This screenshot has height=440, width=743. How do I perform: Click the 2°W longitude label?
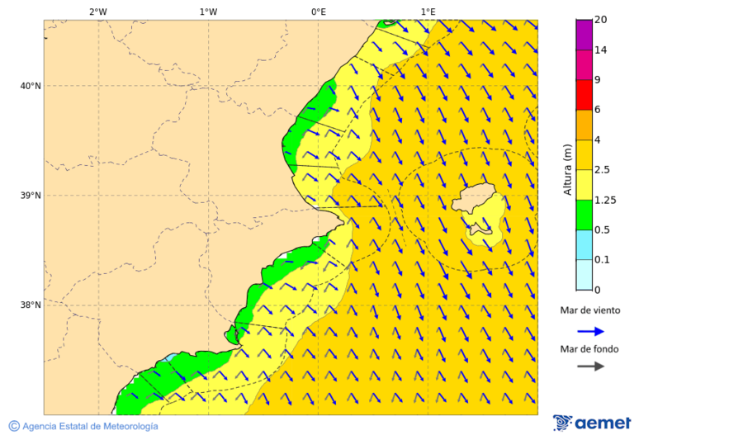[x=97, y=12]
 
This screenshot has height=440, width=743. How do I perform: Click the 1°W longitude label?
[x=208, y=12]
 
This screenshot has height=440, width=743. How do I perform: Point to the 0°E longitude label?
[x=318, y=12]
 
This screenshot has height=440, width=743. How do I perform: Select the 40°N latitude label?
[x=31, y=86]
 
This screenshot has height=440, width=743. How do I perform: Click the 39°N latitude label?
[x=31, y=196]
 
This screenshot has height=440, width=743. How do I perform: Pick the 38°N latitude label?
[x=31, y=305]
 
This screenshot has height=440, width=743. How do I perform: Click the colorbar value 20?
[x=600, y=20]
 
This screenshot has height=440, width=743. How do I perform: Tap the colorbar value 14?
[x=600, y=50]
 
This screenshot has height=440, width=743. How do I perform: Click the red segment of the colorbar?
[x=584, y=94]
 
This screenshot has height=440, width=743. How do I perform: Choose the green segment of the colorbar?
[x=584, y=215]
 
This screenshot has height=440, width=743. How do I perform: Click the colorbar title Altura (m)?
[x=567, y=169]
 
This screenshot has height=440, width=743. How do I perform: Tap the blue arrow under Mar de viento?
[x=590, y=331]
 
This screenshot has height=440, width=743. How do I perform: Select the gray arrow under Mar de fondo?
[x=590, y=367]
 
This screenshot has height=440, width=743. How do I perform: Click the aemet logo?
[x=592, y=423]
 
